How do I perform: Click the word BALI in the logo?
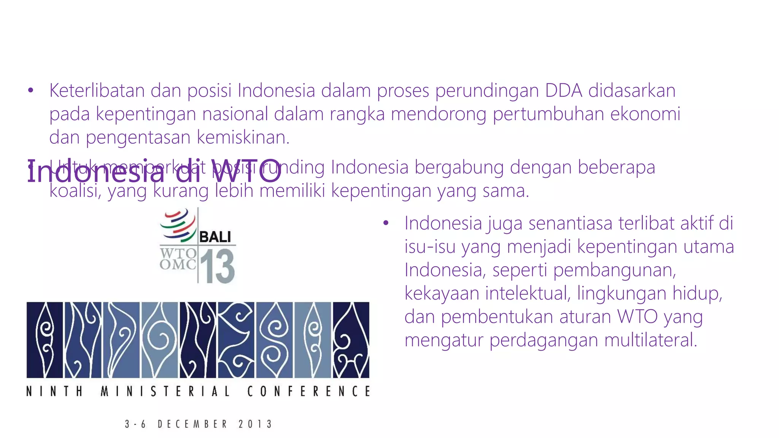pos(215,237)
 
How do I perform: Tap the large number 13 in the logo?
pos(217,266)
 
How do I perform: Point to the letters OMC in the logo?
pos(178,265)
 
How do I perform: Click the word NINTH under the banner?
pos(54,391)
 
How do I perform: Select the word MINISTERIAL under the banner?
pos(165,391)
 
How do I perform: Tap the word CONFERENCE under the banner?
pos(308,391)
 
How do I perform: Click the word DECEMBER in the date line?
pos(192,424)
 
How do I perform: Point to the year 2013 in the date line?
pos(255,424)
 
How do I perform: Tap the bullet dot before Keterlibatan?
pos(31,90)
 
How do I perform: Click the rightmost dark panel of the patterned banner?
pos(351,340)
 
